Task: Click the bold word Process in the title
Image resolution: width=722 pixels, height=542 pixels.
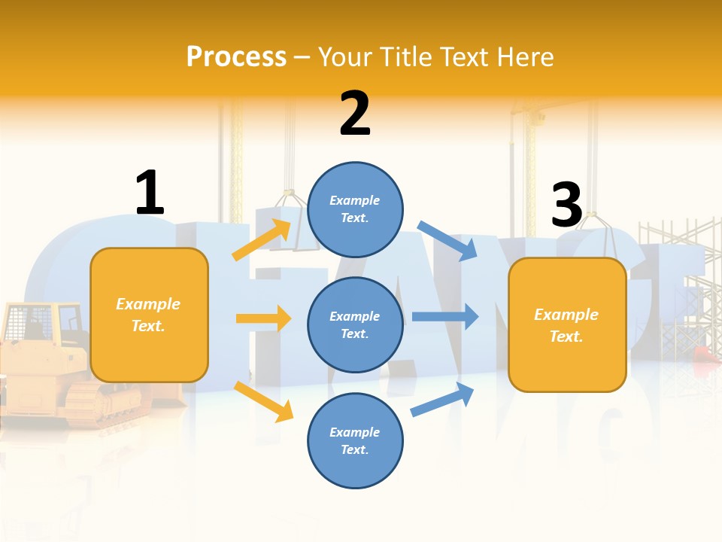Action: pos(236,56)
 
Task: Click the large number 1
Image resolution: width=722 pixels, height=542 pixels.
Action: pos(150,193)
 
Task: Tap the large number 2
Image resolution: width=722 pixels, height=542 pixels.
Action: pos(354,114)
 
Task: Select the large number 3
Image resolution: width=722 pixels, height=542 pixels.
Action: pos(566,206)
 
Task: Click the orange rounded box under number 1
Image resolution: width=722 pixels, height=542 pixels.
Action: pos(149,315)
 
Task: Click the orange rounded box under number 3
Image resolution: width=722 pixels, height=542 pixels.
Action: pos(566,324)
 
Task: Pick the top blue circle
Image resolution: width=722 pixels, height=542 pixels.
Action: pos(355,209)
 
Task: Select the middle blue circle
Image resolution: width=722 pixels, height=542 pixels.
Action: pos(355,324)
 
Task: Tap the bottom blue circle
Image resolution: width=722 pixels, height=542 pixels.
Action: pos(355,440)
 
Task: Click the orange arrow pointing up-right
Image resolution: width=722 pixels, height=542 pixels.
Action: pos(261,240)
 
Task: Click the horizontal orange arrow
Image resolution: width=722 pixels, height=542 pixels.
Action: pos(263,318)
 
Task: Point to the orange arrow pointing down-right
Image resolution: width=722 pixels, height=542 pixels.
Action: pos(263,400)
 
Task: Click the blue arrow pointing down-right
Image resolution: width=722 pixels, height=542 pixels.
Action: pos(447,240)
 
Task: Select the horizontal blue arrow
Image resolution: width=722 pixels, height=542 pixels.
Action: pos(444,316)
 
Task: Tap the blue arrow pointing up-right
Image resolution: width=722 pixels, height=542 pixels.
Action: pos(442,400)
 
